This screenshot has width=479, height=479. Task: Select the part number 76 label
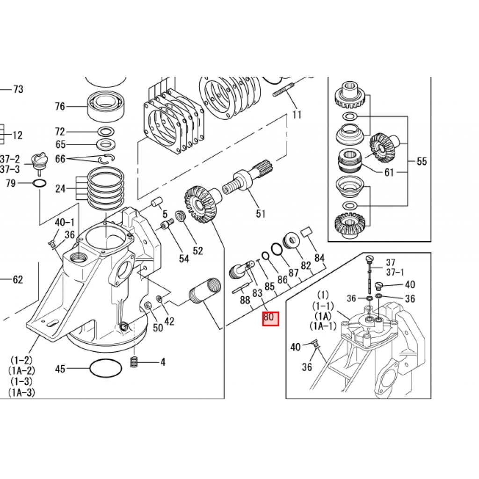pyautogui.click(x=60, y=106)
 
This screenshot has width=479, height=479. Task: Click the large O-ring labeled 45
pyautogui.click(x=106, y=369)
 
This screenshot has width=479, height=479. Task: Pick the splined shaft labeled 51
pyautogui.click(x=247, y=180)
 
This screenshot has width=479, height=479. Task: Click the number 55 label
pyautogui.click(x=422, y=161)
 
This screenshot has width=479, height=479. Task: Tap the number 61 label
pyautogui.click(x=389, y=173)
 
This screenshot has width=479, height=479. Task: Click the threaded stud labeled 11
pyautogui.click(x=283, y=90)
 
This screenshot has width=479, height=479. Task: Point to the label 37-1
pyautogui.click(x=395, y=272)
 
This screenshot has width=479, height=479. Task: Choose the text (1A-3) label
pyautogui.click(x=22, y=392)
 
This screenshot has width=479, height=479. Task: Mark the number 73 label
pyautogui.click(x=18, y=89)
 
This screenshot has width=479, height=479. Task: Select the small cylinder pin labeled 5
pyautogui.click(x=157, y=203)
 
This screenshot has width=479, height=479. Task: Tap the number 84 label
pyautogui.click(x=319, y=258)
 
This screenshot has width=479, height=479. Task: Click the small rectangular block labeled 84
pyautogui.click(x=306, y=232)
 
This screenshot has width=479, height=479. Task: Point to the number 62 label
pyautogui.click(x=18, y=280)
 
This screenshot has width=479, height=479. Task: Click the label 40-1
pyautogui.click(x=65, y=222)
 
